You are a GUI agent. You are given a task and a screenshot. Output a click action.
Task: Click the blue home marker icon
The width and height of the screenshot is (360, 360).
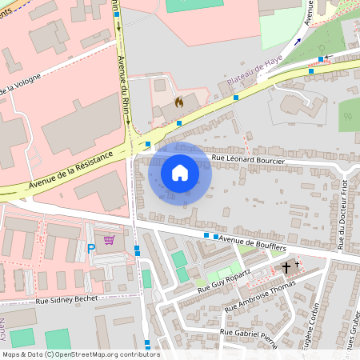(x=180, y=172)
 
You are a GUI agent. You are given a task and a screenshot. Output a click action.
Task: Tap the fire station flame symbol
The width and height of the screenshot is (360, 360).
(x=178, y=102)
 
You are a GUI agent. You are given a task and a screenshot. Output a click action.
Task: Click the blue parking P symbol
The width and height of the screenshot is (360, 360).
(x=91, y=249)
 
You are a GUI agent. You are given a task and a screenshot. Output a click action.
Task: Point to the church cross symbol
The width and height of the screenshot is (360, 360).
(x=287, y=267)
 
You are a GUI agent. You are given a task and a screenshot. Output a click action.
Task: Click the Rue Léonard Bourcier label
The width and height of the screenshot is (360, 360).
(x=249, y=161)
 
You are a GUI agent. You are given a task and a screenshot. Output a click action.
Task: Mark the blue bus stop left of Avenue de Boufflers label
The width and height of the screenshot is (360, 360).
(x=206, y=236)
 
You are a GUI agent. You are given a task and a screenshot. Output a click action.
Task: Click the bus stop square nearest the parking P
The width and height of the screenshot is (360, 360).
(x=137, y=250)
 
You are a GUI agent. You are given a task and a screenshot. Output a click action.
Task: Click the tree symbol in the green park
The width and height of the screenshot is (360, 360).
(x=347, y=117)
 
